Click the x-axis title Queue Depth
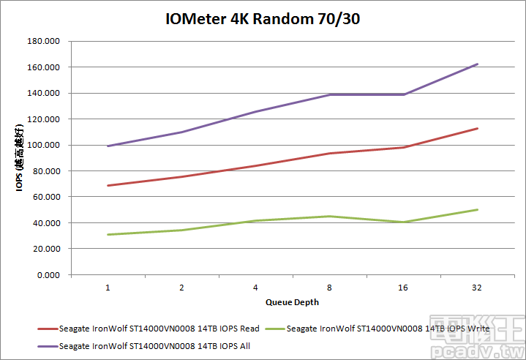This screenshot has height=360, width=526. tap(292, 301)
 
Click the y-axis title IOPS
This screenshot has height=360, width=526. tap(21, 158)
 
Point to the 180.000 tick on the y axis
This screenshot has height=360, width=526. tap(45, 42)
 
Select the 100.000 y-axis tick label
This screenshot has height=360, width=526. tap(45, 146)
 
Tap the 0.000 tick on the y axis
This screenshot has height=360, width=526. tap(49, 275)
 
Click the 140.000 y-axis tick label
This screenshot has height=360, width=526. tap(45, 94)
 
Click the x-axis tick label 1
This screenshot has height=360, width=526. tap(108, 288)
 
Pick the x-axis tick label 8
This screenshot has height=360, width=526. tap(329, 288)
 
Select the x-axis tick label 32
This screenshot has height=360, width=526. tap(477, 288)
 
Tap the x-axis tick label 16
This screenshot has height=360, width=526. tap(403, 288)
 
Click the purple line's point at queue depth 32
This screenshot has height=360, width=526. tap(477, 64)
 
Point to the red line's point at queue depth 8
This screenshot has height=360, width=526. tap(329, 154)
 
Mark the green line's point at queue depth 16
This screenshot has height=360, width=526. tap(403, 222)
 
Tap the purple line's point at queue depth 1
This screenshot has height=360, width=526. tap(108, 146)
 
